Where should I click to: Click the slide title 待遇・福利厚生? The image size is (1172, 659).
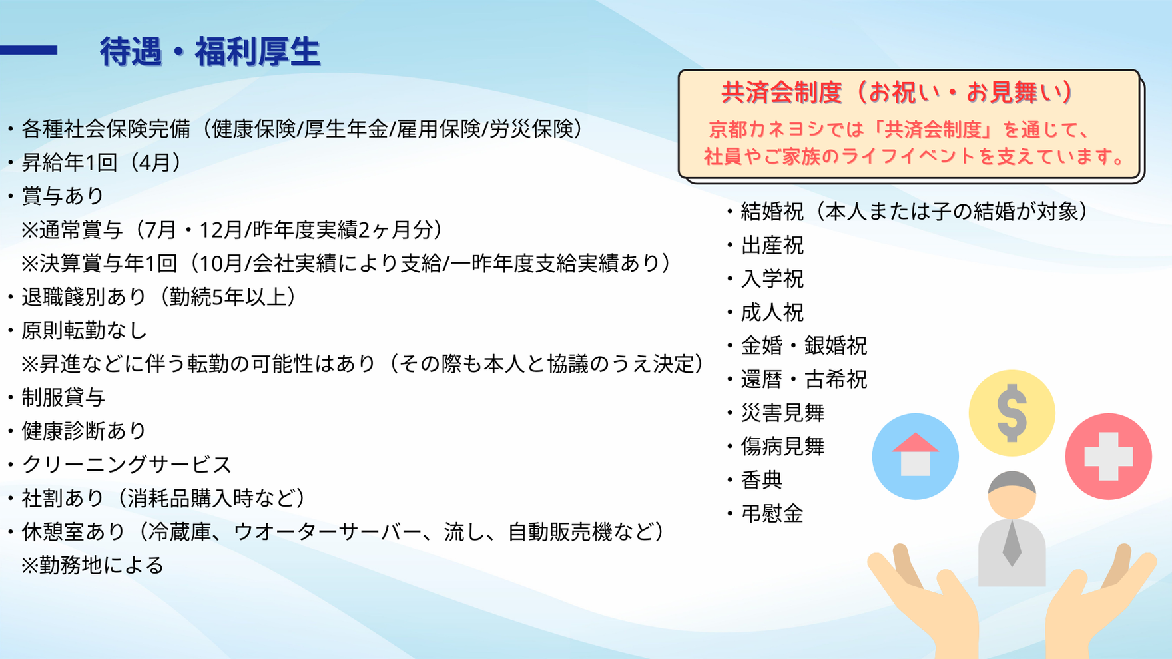click(x=210, y=51)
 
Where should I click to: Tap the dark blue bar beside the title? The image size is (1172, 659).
click(x=29, y=50)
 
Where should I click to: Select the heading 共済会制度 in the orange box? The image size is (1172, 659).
click(x=782, y=92)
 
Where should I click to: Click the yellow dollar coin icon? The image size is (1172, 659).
click(x=1012, y=413)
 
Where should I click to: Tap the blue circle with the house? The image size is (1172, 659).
click(x=916, y=457)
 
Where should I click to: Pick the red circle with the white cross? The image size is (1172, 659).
click(x=1109, y=457)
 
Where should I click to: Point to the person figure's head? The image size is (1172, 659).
click(x=1012, y=495)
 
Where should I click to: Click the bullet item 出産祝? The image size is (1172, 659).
click(x=772, y=246)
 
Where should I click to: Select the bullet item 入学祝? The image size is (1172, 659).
click(x=772, y=279)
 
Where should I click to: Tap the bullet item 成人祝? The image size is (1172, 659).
click(x=772, y=312)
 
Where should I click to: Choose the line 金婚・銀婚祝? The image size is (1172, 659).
click(x=804, y=346)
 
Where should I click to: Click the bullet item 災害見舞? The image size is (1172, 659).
click(x=782, y=413)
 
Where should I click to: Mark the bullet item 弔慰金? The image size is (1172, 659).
click(x=772, y=514)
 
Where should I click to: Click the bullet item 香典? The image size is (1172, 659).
click(x=762, y=480)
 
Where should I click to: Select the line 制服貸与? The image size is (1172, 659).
click(x=63, y=397)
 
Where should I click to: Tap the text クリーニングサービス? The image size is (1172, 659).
click(x=127, y=465)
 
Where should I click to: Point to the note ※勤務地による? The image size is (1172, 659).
click(x=92, y=566)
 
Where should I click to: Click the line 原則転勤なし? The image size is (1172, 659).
click(x=85, y=330)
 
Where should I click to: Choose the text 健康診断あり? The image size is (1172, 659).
click(x=84, y=431)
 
